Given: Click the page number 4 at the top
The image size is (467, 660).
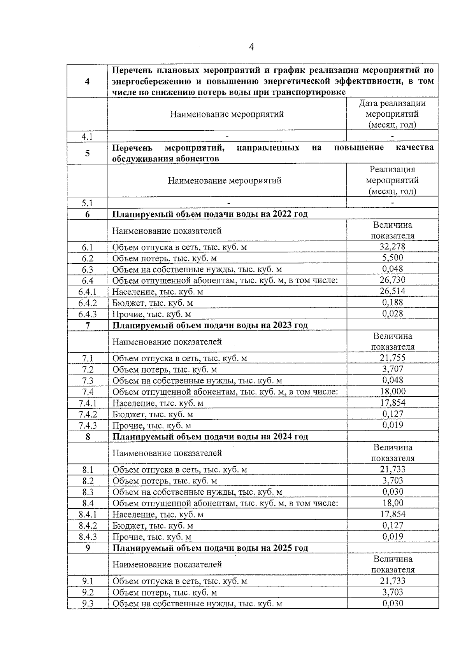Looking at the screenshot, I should pos(251,47).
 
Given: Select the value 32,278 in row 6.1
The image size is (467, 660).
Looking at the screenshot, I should pos(392,247).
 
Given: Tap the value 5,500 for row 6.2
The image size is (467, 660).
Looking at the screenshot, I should pos(392,258).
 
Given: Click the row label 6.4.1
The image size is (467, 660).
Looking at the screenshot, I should pos(88,292).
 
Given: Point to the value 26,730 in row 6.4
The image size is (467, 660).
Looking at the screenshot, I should pos(392,280).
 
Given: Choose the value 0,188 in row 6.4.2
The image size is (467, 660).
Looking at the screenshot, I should pos(392,303).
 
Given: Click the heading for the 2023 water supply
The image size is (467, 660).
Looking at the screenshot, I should pos(210,325).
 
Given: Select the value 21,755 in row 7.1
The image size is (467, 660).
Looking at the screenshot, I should pos(392,358).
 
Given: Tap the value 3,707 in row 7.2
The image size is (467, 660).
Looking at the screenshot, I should pos(392,369).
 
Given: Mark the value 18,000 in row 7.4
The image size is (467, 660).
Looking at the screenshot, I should pos(392,391).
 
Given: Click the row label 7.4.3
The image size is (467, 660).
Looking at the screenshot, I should pos(88,425).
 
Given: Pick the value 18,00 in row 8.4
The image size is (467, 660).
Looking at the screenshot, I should pos(392,503).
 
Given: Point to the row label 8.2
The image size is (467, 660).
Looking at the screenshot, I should pos(88,481).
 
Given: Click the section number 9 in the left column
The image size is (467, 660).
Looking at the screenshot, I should pos(88,548).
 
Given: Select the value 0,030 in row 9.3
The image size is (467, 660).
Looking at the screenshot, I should pos(392,603).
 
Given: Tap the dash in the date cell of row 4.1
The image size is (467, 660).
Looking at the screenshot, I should pos(392,136).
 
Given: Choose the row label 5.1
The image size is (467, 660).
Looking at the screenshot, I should pos(88,203).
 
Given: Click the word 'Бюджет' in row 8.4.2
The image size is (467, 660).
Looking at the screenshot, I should pos(128,526).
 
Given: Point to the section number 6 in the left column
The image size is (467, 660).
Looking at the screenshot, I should pos(88,214).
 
